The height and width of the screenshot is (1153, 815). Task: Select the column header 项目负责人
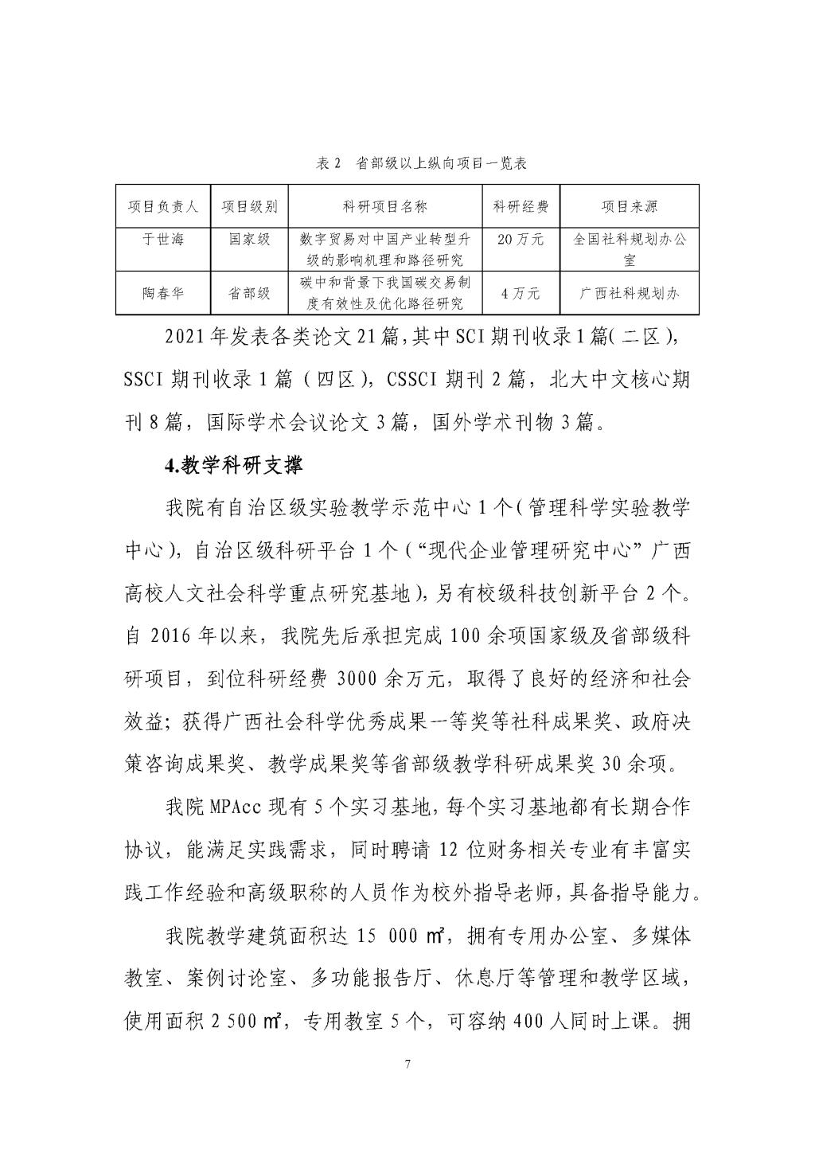163,207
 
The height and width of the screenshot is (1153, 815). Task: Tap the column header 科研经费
521,207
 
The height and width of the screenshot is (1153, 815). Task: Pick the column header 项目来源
629,207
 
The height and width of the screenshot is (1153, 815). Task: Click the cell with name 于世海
163,239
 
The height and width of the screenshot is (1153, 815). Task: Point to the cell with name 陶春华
163,293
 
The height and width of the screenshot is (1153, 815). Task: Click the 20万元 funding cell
521,239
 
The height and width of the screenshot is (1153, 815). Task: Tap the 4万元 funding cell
521,293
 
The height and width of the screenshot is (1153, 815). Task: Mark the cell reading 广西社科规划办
629,293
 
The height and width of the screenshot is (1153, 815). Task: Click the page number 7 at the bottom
407,1065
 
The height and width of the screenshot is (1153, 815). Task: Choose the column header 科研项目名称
385,207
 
